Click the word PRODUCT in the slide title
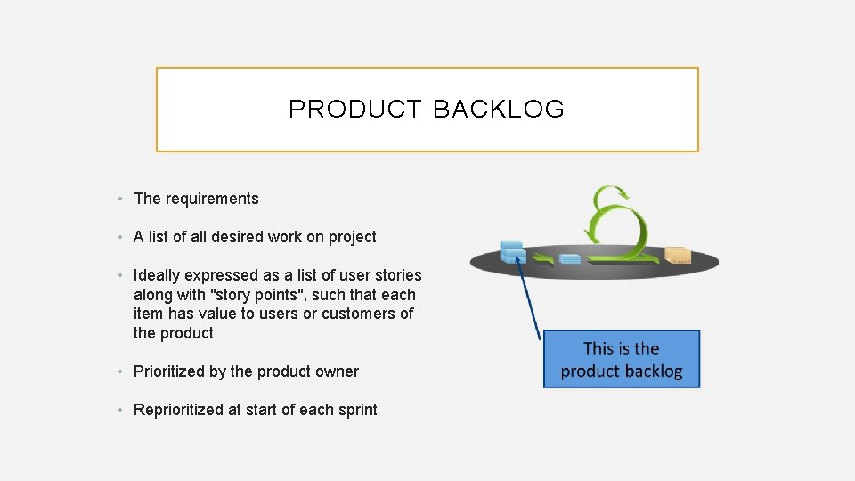354,110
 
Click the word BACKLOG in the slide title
499,110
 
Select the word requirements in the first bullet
212,199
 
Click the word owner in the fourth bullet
338,371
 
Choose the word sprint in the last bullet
355,410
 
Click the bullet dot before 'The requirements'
122,200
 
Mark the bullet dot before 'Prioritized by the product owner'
122,372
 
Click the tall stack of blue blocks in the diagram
512,251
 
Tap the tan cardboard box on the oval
678,255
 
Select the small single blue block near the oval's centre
569,259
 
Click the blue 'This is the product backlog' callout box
622,359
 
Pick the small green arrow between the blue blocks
540,258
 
